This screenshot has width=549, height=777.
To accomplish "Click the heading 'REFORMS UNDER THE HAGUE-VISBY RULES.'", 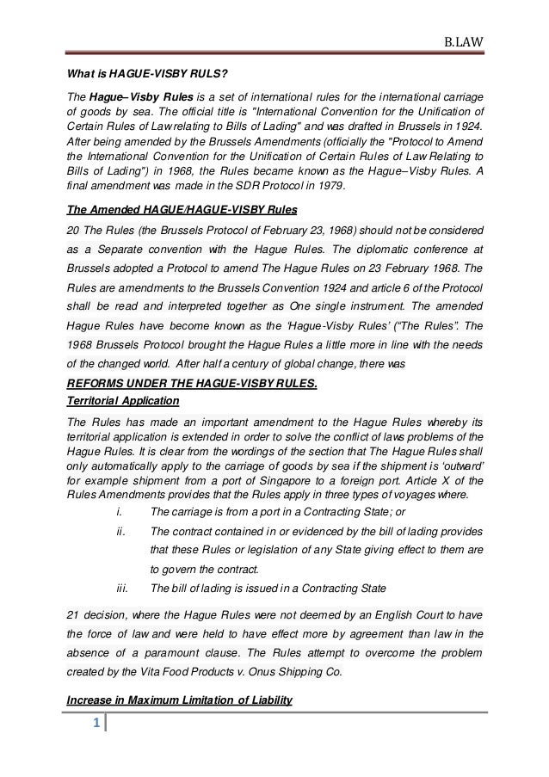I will pos(191,384).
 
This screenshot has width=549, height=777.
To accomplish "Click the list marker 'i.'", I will pos(118,515).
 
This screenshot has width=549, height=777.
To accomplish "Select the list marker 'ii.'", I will pos(119,533).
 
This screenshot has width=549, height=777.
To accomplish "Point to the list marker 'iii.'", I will pos(120,589).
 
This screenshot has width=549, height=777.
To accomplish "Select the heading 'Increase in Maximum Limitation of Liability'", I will pos(179,701).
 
